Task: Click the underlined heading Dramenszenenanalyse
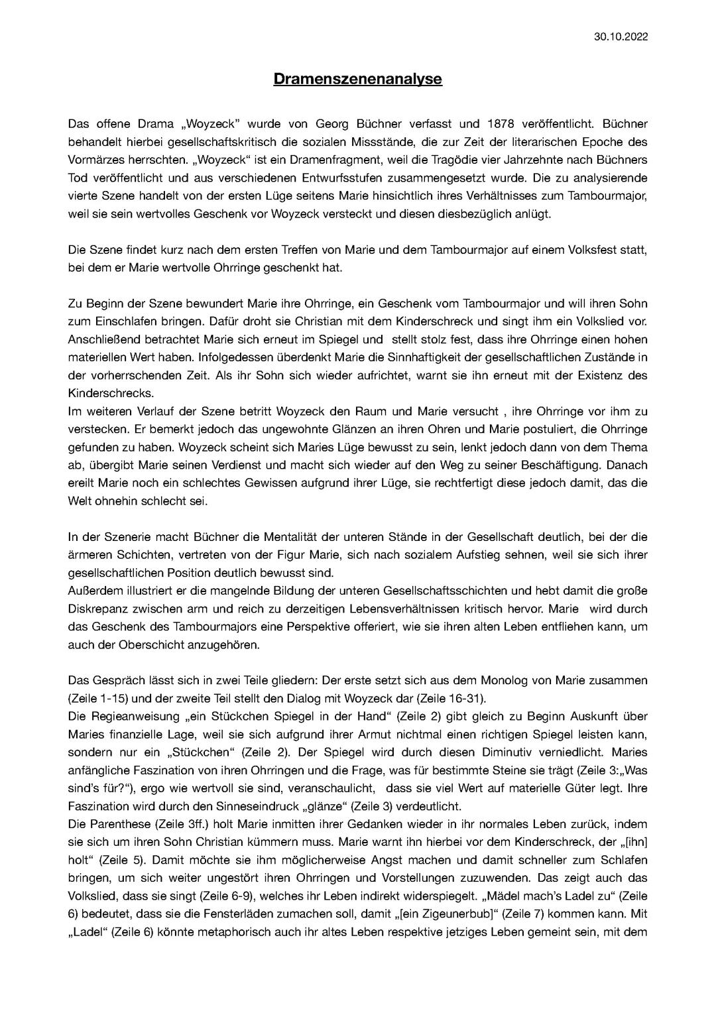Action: (x=358, y=80)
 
